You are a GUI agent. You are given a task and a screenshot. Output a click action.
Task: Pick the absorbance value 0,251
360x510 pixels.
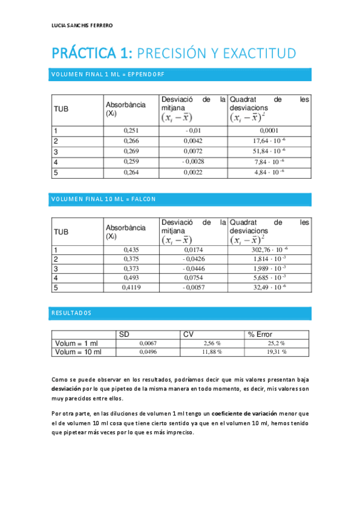130,130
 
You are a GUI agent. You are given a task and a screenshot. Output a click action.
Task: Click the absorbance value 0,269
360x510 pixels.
130,152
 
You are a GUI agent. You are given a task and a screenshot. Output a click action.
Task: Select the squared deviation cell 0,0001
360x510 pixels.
269,130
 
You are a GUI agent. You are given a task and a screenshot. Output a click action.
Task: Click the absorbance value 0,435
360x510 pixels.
130,249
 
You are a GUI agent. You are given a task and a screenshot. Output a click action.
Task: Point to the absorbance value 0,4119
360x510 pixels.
130,288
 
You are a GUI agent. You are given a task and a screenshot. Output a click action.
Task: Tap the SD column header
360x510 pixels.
124,334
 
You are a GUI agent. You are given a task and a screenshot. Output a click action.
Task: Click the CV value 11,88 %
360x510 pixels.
212,352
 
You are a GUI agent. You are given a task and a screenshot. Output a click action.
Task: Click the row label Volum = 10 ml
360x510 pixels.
78,352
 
